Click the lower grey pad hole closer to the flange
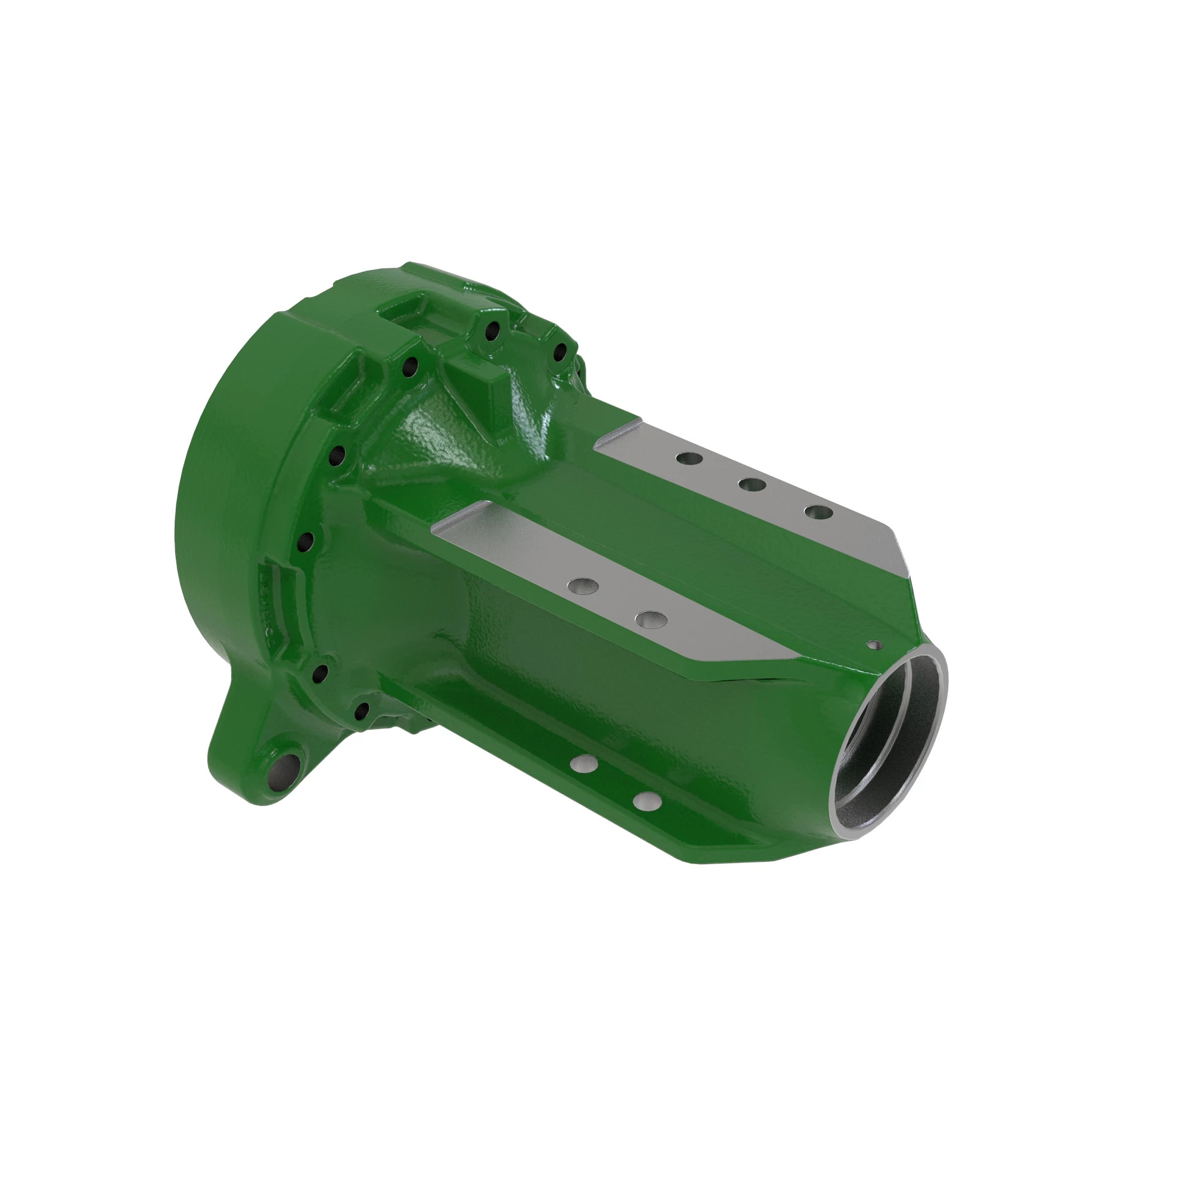pos(584,584)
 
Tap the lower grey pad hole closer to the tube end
pos(651,618)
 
